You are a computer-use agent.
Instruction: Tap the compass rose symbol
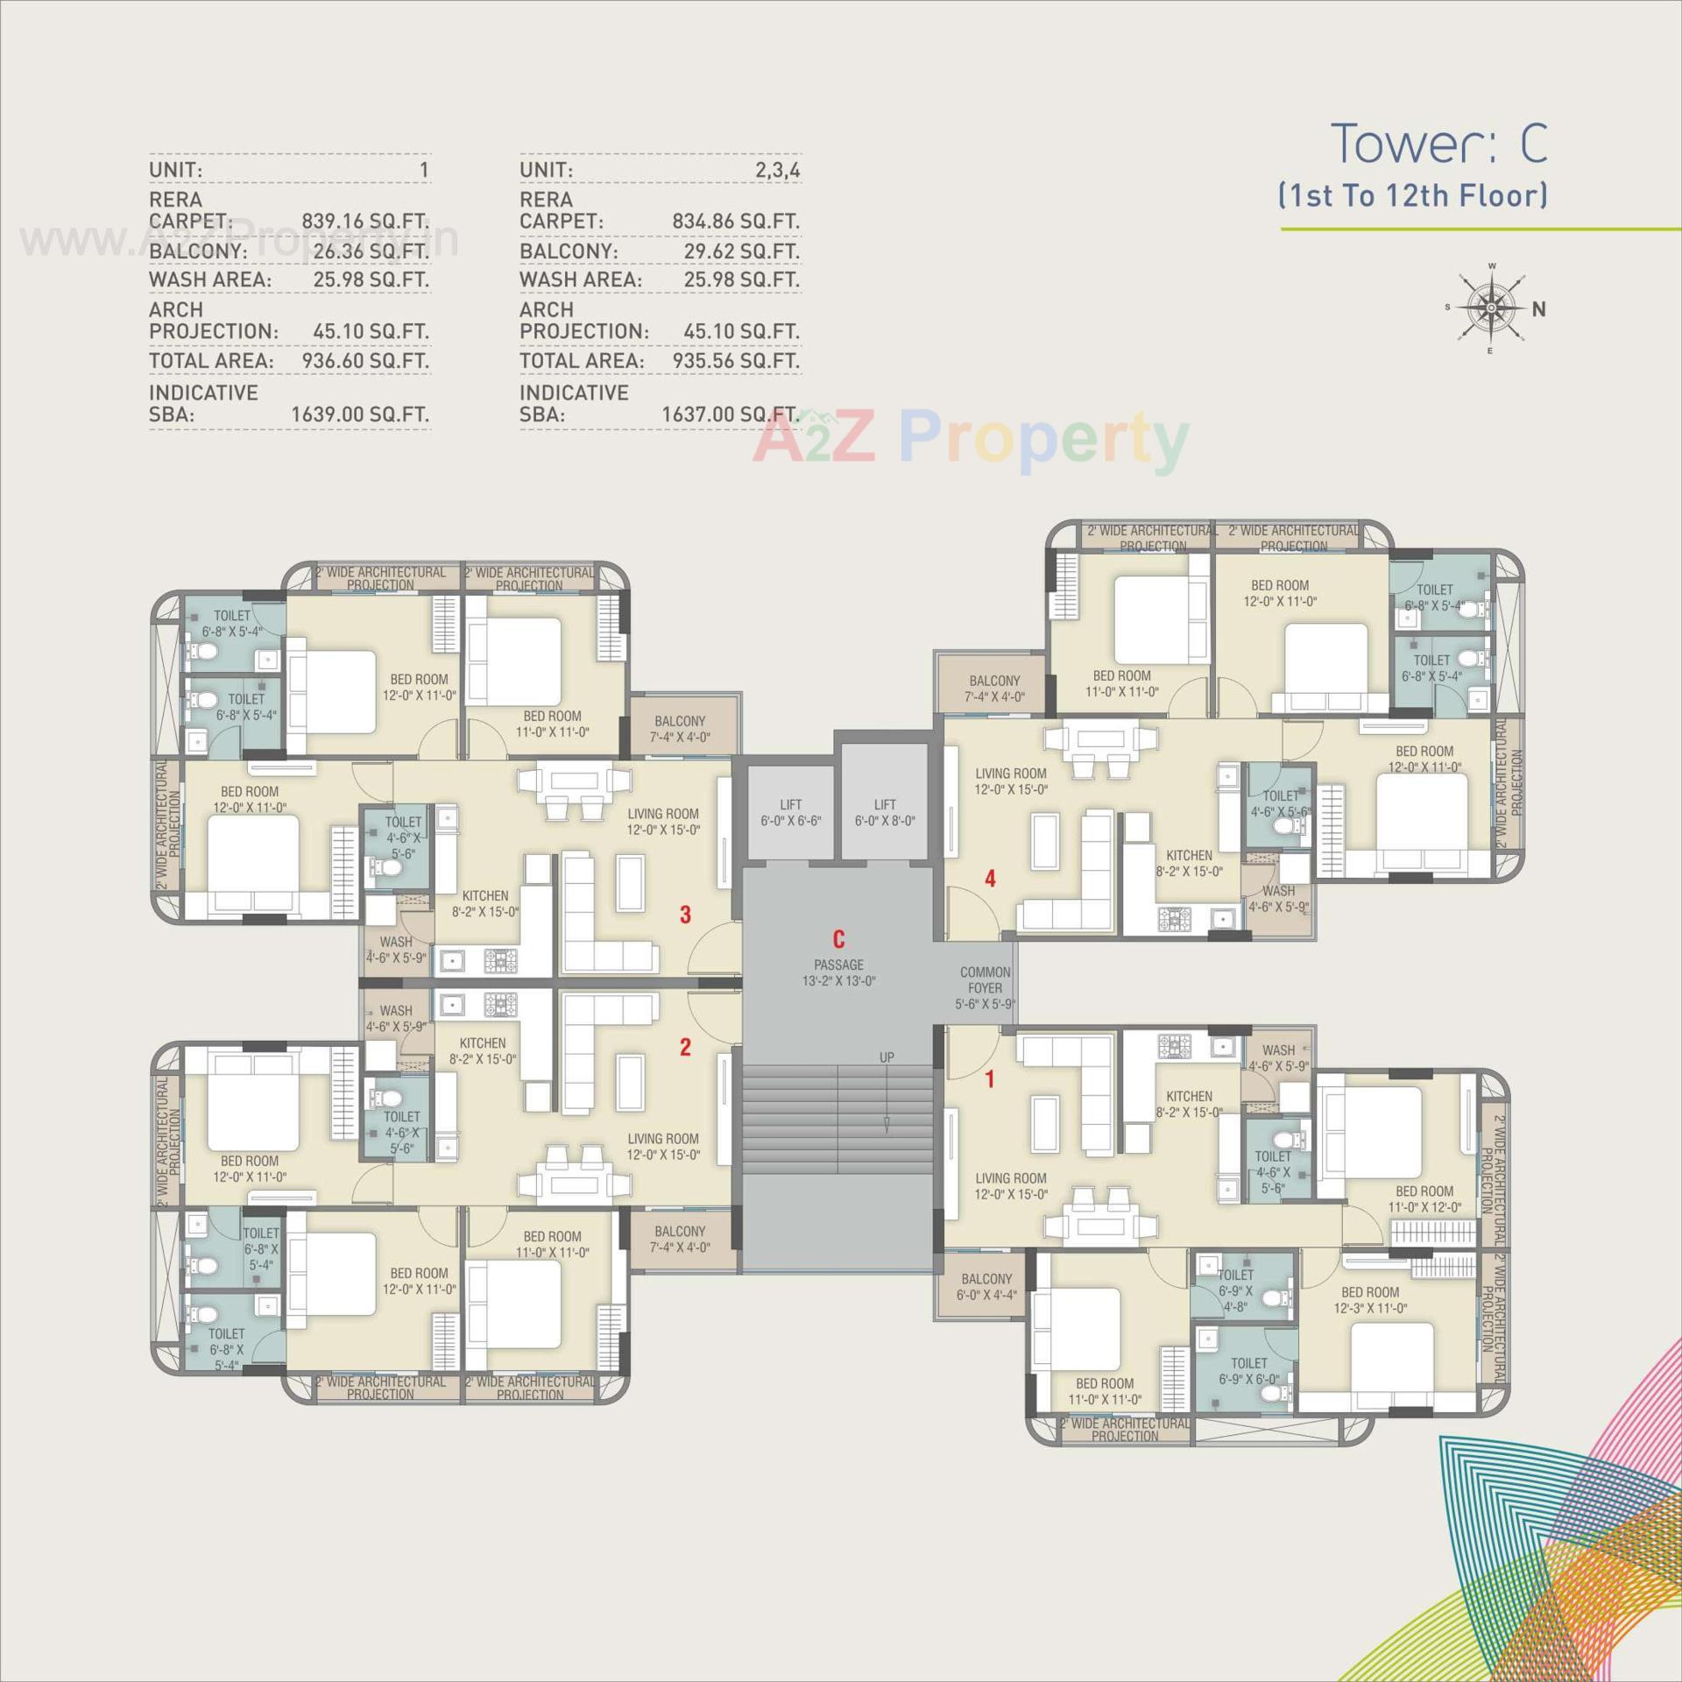click(x=1491, y=307)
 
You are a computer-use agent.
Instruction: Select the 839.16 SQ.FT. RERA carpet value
click(x=365, y=222)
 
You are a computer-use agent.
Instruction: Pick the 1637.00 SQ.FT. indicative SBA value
click(x=730, y=414)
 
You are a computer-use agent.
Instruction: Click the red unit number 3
click(x=685, y=915)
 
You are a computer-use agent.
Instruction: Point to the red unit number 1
click(x=990, y=1079)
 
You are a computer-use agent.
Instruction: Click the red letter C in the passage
click(x=838, y=940)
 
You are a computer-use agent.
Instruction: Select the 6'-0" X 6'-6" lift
click(x=790, y=813)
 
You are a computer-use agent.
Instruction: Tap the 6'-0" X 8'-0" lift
click(x=885, y=813)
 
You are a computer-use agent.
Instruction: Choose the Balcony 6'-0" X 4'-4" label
click(x=986, y=1287)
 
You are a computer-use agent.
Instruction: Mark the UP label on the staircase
click(x=887, y=1057)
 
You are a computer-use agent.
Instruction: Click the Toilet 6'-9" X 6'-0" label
click(x=1248, y=1371)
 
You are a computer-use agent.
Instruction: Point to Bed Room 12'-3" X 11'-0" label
click(x=1370, y=1300)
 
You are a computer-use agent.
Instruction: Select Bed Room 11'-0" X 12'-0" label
click(x=1424, y=1198)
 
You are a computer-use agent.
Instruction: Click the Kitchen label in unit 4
click(x=1189, y=863)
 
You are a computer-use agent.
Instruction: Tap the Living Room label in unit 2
click(x=663, y=1147)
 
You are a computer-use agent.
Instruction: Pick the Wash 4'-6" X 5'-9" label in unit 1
click(x=1278, y=1057)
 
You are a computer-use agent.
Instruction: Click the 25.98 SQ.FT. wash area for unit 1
click(x=371, y=279)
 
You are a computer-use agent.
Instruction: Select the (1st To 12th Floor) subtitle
click(x=1412, y=194)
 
